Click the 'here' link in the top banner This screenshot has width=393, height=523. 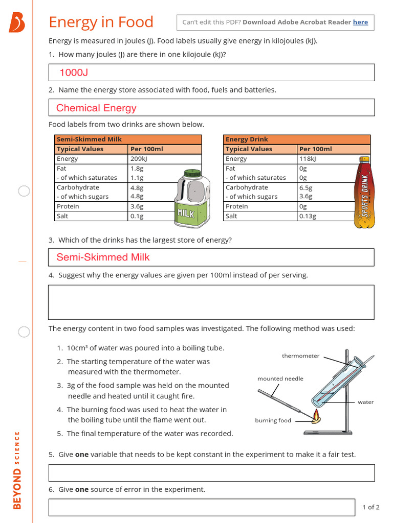[x=360, y=22]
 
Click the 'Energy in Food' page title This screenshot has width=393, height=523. [x=101, y=22]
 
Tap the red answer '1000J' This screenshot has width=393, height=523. [x=74, y=73]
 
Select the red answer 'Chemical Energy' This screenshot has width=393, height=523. [x=96, y=108]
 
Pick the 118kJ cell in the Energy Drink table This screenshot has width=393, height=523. [x=308, y=159]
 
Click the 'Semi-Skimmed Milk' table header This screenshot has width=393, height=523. [x=89, y=139]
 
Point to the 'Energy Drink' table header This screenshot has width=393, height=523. [x=247, y=139]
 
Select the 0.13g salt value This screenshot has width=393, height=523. [x=308, y=216]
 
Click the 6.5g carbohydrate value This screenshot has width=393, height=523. [x=305, y=187]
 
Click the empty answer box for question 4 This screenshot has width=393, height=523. [x=211, y=302]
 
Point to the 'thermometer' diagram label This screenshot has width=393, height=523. [x=300, y=356]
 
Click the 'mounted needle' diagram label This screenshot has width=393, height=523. [x=280, y=378]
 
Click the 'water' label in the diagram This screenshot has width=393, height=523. [x=365, y=402]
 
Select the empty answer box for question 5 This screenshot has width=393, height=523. [x=211, y=472]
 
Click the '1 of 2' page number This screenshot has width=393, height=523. [x=370, y=507]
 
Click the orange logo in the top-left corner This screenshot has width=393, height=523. [x=16, y=23]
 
